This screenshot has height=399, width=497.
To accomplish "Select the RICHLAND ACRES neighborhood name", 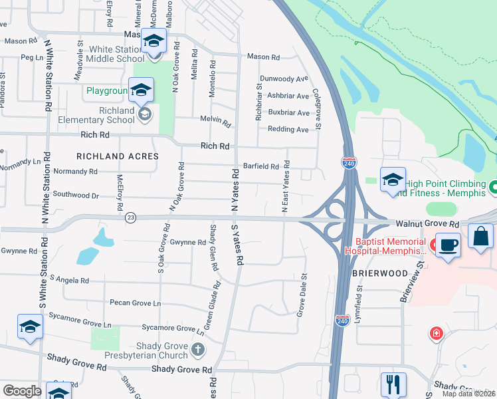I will coord(118,156).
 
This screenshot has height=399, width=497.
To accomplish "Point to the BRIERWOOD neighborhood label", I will coord(369,273).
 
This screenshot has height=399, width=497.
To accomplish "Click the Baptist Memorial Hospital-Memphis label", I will coord(385,246).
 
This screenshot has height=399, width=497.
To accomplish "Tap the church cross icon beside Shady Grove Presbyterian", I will coord(197,349).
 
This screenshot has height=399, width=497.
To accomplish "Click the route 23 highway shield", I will coord(130,217).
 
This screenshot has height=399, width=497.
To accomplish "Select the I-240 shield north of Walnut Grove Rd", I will coord(349,162).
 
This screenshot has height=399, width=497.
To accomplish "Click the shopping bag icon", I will coord(480,236).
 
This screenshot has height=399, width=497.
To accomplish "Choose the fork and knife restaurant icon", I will coord(393,384).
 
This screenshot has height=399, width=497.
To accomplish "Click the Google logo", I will coord(22,391).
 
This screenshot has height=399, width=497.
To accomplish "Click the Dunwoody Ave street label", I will coord(284,78).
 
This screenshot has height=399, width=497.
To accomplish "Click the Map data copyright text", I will coord(468,394).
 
